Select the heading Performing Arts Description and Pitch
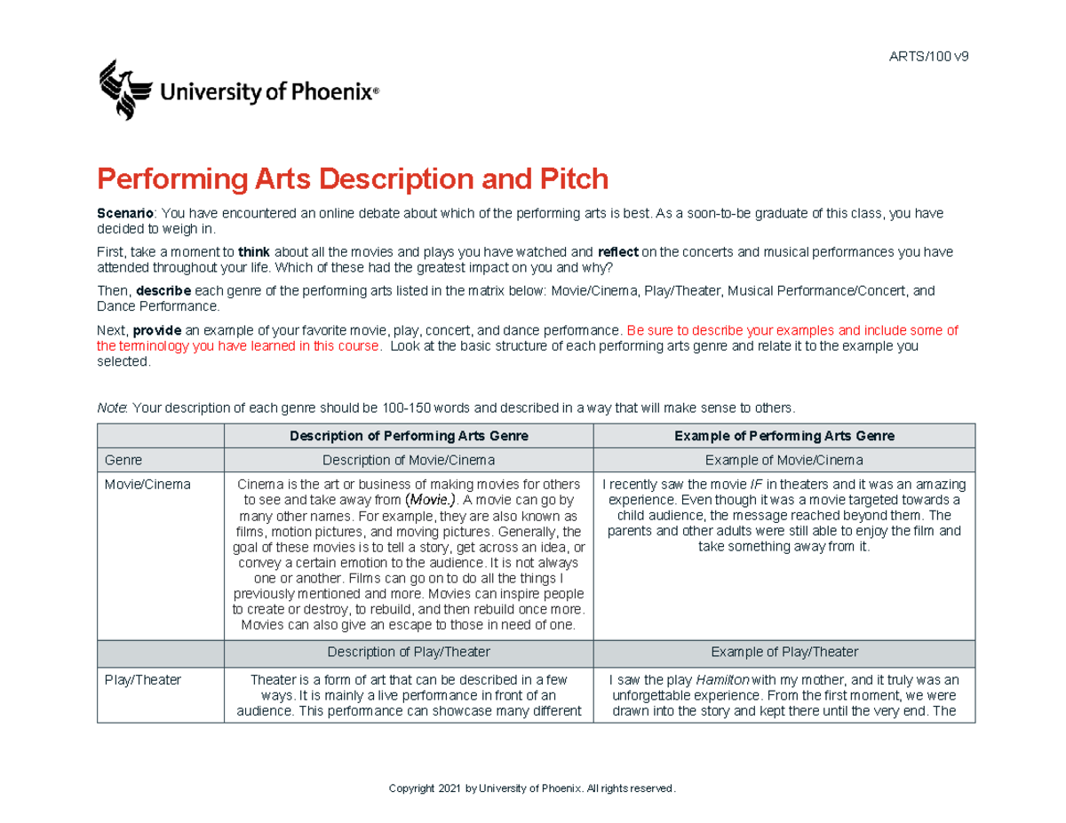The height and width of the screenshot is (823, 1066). point(353,179)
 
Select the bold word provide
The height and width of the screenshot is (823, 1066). point(157,330)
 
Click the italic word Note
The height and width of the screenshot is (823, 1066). point(112,408)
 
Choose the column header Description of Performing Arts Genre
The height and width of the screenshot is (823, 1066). point(409,436)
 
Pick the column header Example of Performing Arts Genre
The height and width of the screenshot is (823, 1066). point(784,436)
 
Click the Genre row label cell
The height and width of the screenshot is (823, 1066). point(123,460)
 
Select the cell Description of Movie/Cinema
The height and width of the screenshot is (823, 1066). point(409,460)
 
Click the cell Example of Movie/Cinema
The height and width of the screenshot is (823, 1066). point(784,460)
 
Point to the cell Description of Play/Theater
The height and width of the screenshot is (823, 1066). point(409,652)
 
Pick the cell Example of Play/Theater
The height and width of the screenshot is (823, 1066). point(784,652)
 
